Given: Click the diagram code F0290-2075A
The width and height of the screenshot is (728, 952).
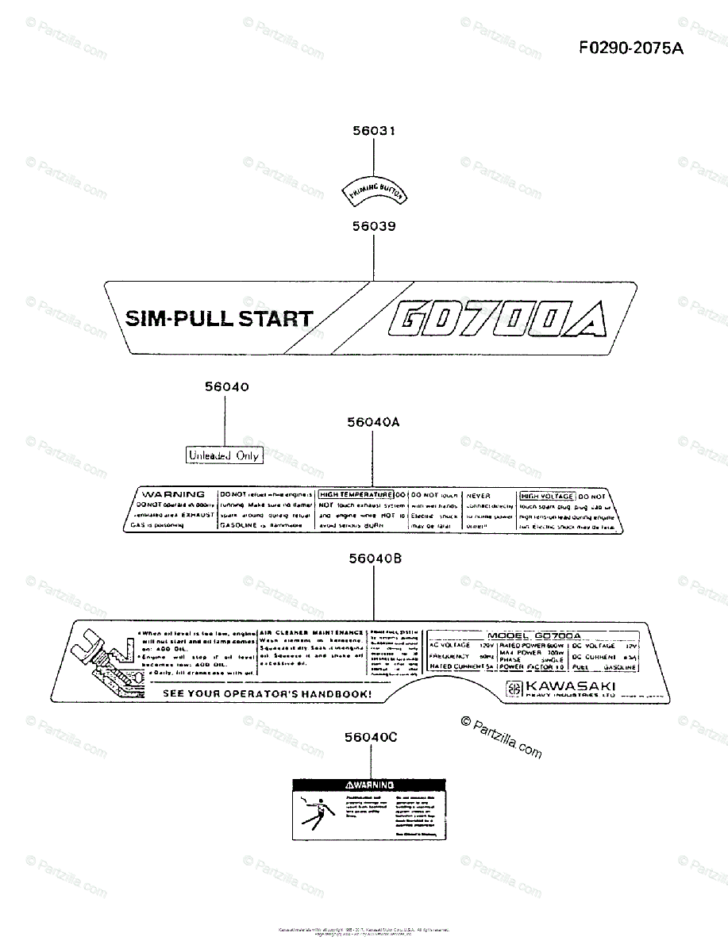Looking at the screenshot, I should click(630, 48).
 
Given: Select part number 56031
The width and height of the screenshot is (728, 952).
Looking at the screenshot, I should click(374, 131).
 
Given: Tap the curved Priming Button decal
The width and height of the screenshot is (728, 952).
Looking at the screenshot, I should click(373, 190).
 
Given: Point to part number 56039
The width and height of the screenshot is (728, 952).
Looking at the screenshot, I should click(374, 226).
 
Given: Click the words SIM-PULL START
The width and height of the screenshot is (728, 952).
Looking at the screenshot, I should click(219, 320).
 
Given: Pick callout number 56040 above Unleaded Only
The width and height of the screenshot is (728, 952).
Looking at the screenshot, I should click(226, 387).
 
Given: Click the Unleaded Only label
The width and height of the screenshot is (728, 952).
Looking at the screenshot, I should click(224, 455).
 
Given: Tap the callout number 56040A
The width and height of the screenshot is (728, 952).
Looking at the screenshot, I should click(373, 423).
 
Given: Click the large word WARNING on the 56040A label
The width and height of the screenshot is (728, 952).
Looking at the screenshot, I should click(172, 494).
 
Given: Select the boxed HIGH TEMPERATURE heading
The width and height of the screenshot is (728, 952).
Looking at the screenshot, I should click(356, 494).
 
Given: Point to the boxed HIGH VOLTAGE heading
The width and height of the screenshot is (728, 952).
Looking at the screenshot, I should click(546, 496).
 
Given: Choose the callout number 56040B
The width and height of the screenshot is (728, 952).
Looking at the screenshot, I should click(375, 559).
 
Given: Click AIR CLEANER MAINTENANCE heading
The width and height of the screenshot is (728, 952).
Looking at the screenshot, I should click(311, 632).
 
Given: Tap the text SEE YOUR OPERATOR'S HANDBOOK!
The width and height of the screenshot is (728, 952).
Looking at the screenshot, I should click(267, 693).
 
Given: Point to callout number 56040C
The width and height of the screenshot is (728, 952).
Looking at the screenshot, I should click(371, 737).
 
